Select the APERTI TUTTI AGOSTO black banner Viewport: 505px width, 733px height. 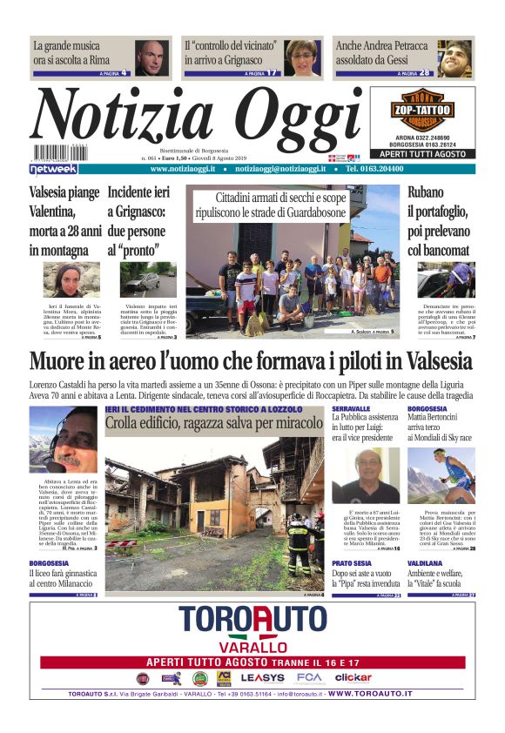(x=422, y=152)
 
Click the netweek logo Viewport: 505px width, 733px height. (x=54, y=168)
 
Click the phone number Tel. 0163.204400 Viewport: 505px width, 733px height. (x=374, y=169)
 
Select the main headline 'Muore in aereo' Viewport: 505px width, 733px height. (x=251, y=360)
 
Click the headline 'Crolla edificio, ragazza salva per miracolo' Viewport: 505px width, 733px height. (x=214, y=423)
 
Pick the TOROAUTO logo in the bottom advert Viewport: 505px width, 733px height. (x=252, y=621)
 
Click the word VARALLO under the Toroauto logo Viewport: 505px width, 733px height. (x=252, y=647)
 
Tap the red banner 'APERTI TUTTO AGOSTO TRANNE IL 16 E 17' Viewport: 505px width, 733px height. (x=252, y=662)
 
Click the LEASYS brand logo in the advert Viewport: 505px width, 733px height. (x=262, y=677)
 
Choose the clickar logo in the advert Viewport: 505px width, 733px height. (x=353, y=677)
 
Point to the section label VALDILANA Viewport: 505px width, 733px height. (x=424, y=563)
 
